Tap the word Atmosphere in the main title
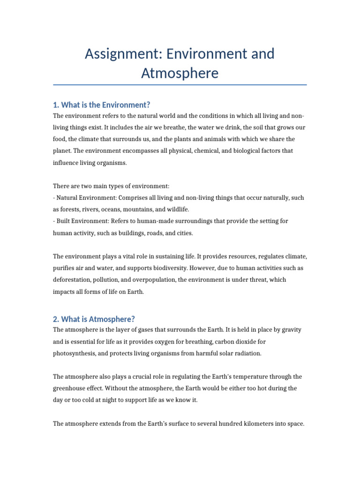(180, 73)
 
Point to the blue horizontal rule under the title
(180, 85)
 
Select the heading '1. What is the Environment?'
(101, 105)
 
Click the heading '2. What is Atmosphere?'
(94, 319)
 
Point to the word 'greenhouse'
(70, 389)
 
